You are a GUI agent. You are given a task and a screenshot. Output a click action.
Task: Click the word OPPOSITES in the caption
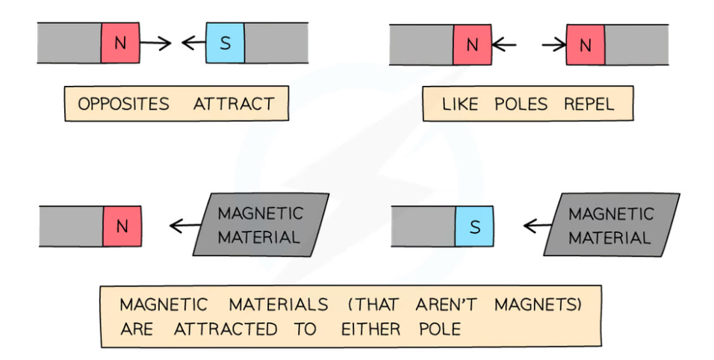(x=124, y=104)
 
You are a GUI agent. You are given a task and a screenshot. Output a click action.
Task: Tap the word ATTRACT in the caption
(x=235, y=104)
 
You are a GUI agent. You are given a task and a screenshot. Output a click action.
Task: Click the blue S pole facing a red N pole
(x=225, y=43)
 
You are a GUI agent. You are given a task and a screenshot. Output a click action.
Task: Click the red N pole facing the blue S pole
(x=120, y=43)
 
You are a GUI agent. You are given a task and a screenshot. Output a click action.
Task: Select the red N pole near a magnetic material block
(x=122, y=226)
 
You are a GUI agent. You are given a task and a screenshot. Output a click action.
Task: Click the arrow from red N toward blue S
(x=155, y=43)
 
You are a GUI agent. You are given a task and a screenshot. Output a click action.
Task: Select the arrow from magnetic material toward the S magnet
(x=536, y=225)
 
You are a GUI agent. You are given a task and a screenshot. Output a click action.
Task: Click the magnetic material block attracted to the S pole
(x=609, y=225)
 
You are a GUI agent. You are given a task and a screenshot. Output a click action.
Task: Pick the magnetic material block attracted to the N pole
(x=260, y=225)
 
